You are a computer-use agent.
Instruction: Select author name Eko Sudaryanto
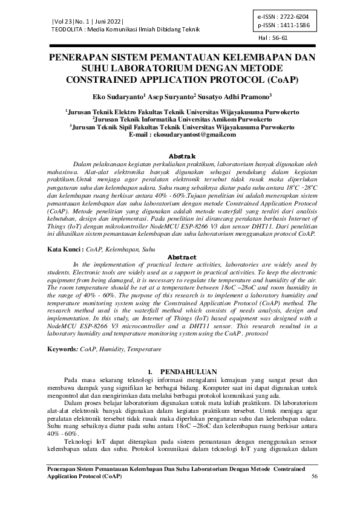point(116,96)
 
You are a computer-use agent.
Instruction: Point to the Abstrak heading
point(180,155)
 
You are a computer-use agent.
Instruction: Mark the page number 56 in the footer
point(314,476)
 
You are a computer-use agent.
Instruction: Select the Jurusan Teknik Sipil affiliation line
point(180,127)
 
